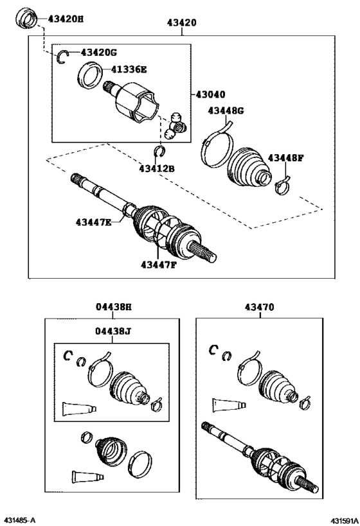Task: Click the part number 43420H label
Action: coord(65,19)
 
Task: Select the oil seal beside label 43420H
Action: coord(26,19)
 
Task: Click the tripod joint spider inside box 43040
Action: coord(176,126)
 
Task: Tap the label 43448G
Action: coord(226,110)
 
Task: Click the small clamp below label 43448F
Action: coord(282,186)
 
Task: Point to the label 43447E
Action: coord(93,222)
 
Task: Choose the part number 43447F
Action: coord(159,265)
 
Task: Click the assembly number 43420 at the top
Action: coord(182,22)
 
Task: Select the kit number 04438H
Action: coord(114,306)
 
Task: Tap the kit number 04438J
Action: coord(113,331)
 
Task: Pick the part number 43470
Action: coord(259,307)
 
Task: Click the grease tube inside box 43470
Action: coord(229,405)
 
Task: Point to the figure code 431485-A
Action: coord(19,520)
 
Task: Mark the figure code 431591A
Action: coord(344,520)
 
